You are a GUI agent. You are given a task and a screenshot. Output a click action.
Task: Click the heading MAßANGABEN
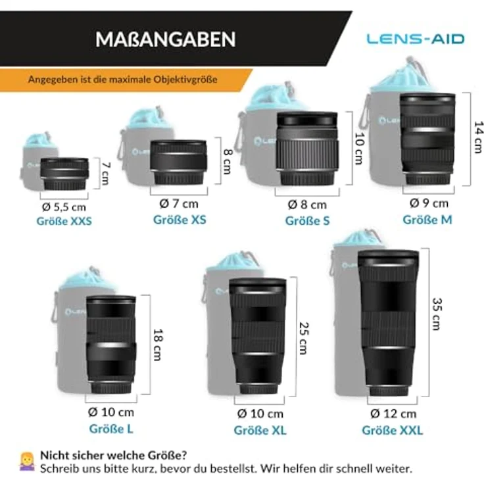165,39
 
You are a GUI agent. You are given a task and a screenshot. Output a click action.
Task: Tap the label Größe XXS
64,221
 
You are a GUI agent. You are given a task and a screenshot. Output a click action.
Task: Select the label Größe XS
180,220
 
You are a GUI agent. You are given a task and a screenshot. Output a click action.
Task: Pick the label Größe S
307,221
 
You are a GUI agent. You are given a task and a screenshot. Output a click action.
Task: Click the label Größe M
427,220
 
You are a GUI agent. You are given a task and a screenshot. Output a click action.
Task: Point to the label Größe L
111,429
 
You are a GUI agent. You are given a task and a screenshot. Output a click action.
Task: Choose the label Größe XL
260,431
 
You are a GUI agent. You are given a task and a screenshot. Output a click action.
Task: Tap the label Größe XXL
392,431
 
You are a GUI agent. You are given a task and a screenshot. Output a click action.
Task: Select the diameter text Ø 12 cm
392,414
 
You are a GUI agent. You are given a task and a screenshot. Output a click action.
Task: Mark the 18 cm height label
158,344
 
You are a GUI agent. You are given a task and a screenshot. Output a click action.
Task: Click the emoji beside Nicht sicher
27,461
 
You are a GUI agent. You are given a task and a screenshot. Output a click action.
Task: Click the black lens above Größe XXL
387,322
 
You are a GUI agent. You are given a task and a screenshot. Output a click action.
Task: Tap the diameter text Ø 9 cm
429,203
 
